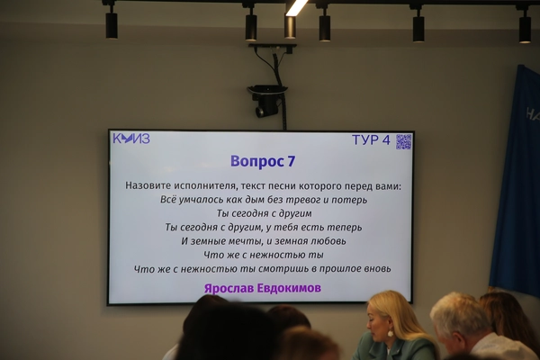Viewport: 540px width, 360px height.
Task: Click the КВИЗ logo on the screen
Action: tap(131, 139)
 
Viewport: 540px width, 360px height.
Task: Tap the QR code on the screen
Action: tap(403, 141)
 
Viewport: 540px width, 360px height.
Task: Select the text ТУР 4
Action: tap(371, 140)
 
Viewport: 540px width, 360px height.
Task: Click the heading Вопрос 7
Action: tap(263, 161)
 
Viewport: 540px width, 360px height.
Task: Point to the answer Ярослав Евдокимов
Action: tap(263, 288)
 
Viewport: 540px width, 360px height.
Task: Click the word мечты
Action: tap(241, 241)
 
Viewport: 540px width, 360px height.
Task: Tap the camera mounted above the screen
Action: tap(266, 101)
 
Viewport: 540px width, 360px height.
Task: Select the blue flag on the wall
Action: tap(515, 179)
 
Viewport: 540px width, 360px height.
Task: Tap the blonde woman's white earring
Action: tap(391, 333)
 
